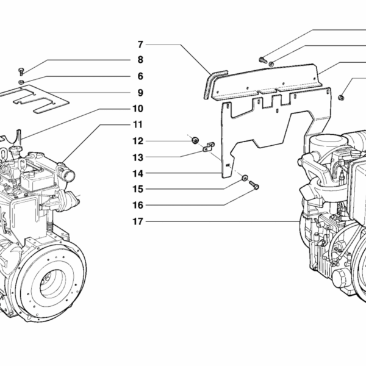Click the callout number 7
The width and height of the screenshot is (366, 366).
point(140,44)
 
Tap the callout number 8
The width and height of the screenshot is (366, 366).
point(140,60)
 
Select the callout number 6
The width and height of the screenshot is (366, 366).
point(140,76)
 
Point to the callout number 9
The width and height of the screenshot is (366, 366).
point(140,93)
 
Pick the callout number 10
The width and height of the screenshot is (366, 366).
point(138,109)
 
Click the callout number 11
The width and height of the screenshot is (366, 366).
point(138,124)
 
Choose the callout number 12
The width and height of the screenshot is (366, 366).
point(138,141)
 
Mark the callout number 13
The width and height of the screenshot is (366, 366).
point(138,157)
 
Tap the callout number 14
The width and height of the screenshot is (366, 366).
point(138,173)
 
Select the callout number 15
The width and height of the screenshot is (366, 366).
point(138,189)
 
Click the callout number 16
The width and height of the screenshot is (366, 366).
point(138,205)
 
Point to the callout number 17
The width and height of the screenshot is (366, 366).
point(138,221)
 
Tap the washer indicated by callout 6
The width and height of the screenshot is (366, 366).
point(21,81)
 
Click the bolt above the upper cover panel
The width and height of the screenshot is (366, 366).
point(262,59)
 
